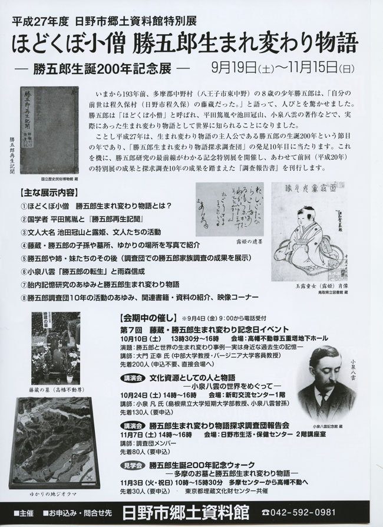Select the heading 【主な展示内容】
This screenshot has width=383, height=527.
[48, 193]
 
